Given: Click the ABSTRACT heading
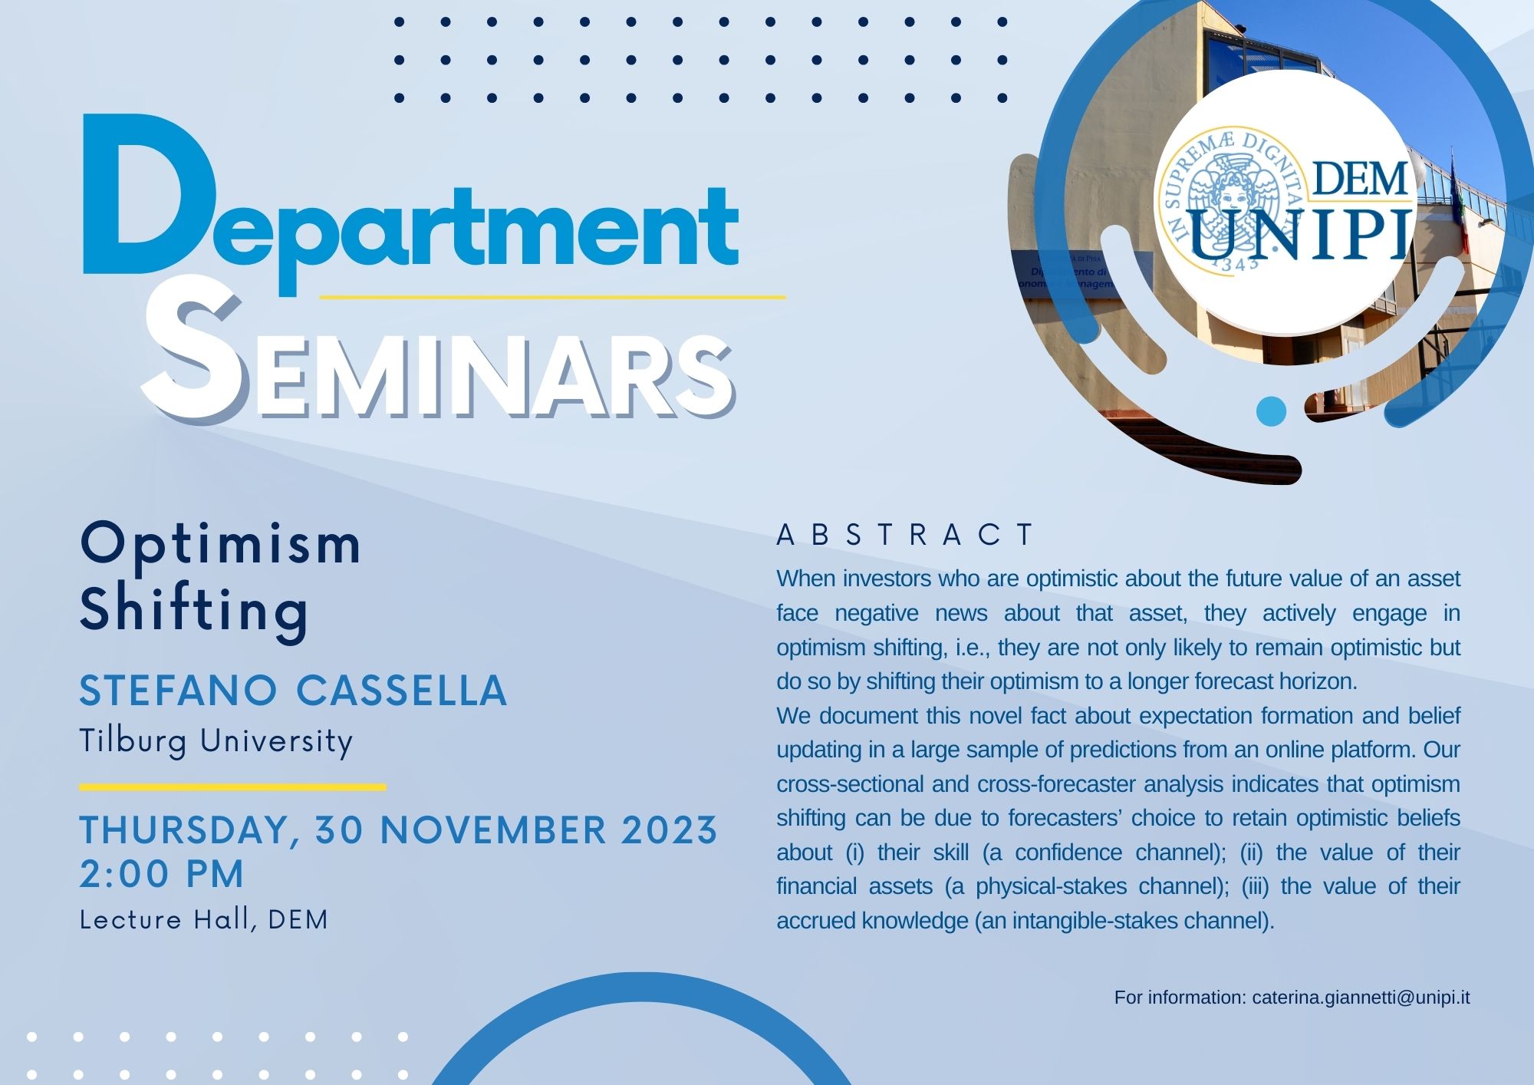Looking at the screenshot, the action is (x=906, y=535).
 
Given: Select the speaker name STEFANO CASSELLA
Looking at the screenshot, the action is (x=293, y=690).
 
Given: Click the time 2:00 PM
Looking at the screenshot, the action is (x=162, y=874).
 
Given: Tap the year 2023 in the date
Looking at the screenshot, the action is (x=669, y=829).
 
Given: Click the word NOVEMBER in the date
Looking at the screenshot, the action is (x=493, y=829).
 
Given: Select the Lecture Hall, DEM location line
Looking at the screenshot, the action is (x=204, y=919).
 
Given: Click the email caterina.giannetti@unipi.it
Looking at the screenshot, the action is (x=1361, y=998).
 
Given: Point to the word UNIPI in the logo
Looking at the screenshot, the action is (x=1301, y=234).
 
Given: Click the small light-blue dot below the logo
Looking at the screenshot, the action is (x=1271, y=411).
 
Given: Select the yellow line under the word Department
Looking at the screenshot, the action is (x=552, y=296).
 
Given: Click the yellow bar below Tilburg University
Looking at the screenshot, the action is (x=232, y=787).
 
